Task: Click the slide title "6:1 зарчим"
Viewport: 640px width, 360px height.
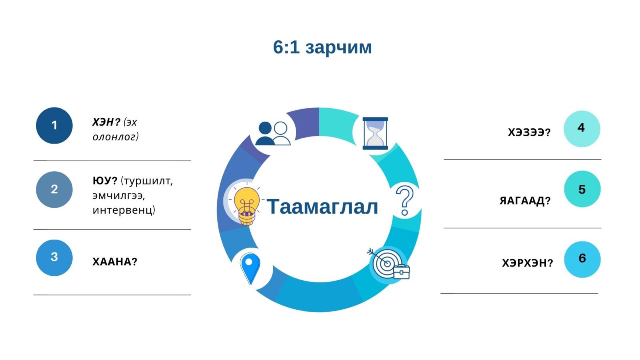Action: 322,47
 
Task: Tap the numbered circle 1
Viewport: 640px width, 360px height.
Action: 54,126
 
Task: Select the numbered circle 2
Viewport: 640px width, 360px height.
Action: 54,190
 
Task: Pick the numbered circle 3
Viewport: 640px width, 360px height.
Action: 54,258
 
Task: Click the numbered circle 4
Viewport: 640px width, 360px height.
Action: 582,129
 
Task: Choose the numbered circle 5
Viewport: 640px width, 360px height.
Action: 582,189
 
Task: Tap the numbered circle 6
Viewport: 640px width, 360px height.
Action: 582,259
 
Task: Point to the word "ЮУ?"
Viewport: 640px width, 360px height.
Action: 105,181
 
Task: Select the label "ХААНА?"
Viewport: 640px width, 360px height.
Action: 115,262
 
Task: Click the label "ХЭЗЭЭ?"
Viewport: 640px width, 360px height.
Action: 529,132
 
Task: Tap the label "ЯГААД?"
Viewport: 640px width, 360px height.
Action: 525,201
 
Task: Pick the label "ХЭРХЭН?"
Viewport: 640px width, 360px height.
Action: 528,263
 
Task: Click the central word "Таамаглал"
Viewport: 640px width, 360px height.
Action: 322,206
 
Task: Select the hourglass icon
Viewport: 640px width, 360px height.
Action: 375,134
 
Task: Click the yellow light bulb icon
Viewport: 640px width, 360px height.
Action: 246,206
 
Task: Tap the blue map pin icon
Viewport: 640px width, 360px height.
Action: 250,268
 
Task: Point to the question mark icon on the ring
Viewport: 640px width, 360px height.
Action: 404,200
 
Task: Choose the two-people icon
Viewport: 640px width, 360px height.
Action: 273,134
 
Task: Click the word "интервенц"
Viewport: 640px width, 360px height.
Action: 124,210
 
